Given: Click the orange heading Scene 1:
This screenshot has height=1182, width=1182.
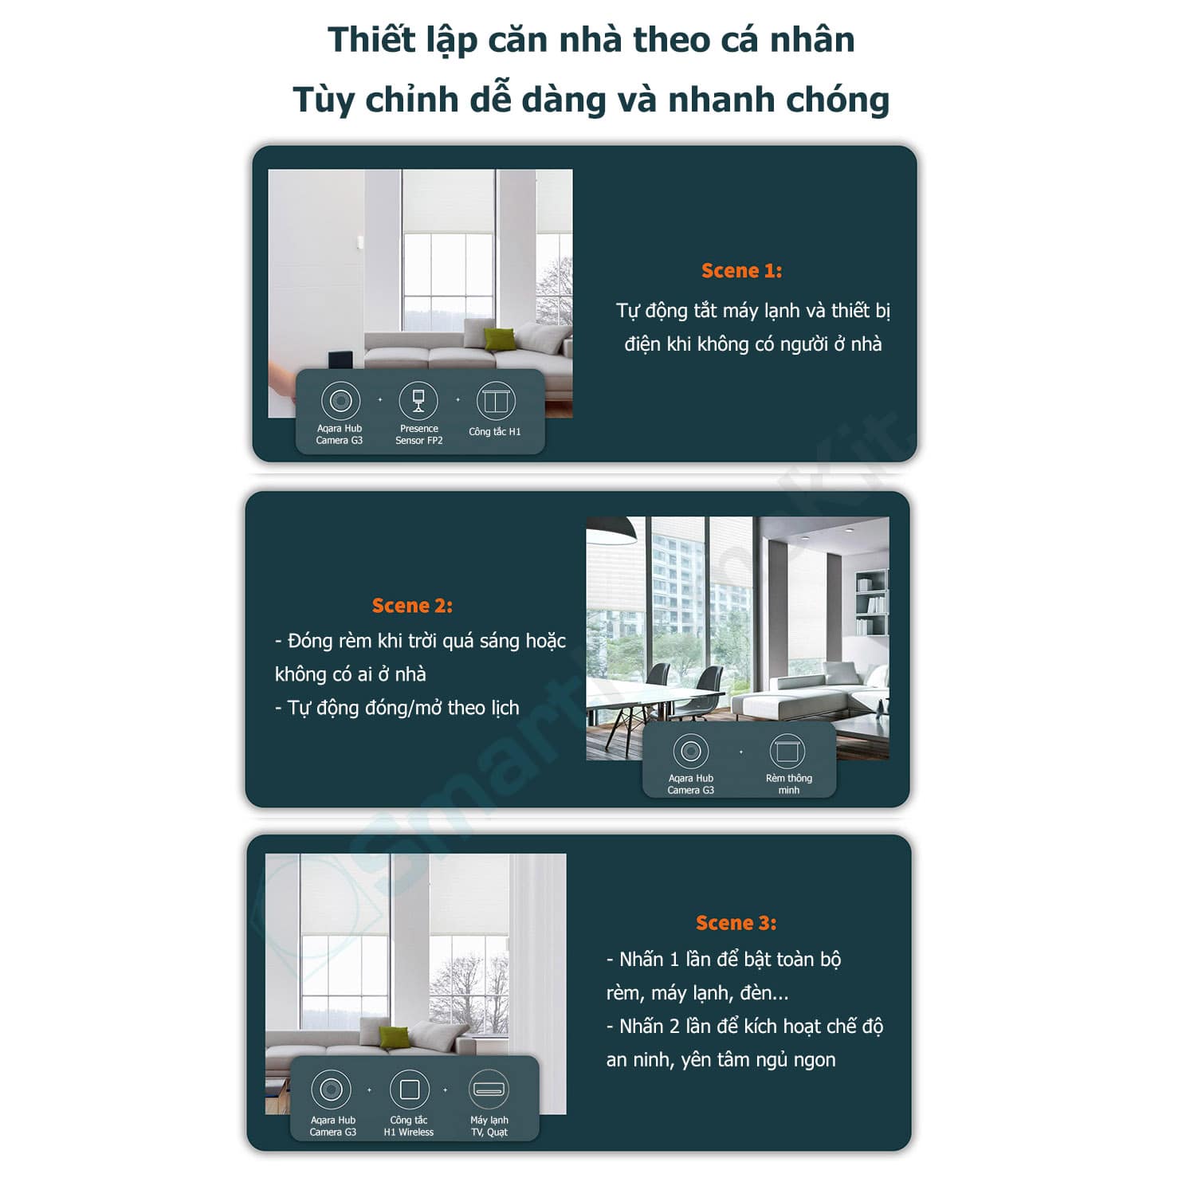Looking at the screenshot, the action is (x=741, y=271).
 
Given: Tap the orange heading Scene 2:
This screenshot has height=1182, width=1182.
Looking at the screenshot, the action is (x=412, y=606).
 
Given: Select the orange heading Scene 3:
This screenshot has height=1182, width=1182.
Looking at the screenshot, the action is (x=736, y=923).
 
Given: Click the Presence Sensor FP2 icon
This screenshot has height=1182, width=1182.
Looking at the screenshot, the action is (x=418, y=400).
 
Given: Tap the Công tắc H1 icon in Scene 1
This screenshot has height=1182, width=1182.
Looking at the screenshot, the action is (x=496, y=401).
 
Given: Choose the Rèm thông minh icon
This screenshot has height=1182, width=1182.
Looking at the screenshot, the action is (x=787, y=751).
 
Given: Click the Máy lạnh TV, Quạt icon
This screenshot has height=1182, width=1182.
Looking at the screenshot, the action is (x=489, y=1089).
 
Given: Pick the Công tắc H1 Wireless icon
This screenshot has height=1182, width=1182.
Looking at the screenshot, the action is (x=410, y=1089).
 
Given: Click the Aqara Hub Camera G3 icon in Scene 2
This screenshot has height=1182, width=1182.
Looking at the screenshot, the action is (x=690, y=751).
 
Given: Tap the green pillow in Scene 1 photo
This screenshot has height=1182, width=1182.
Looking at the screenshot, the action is (x=499, y=339).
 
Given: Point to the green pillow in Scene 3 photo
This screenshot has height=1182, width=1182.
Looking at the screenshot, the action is (x=395, y=1037).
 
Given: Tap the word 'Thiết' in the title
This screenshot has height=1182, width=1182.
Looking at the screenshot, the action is (x=372, y=40).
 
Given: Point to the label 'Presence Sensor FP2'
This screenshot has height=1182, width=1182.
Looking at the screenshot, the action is (x=418, y=434).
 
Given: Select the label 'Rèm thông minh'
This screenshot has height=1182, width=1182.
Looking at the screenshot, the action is (x=788, y=784).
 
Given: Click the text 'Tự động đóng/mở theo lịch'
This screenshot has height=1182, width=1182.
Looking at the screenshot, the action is (x=397, y=708).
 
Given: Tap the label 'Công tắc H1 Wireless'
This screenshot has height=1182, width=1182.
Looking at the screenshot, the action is (x=409, y=1126).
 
